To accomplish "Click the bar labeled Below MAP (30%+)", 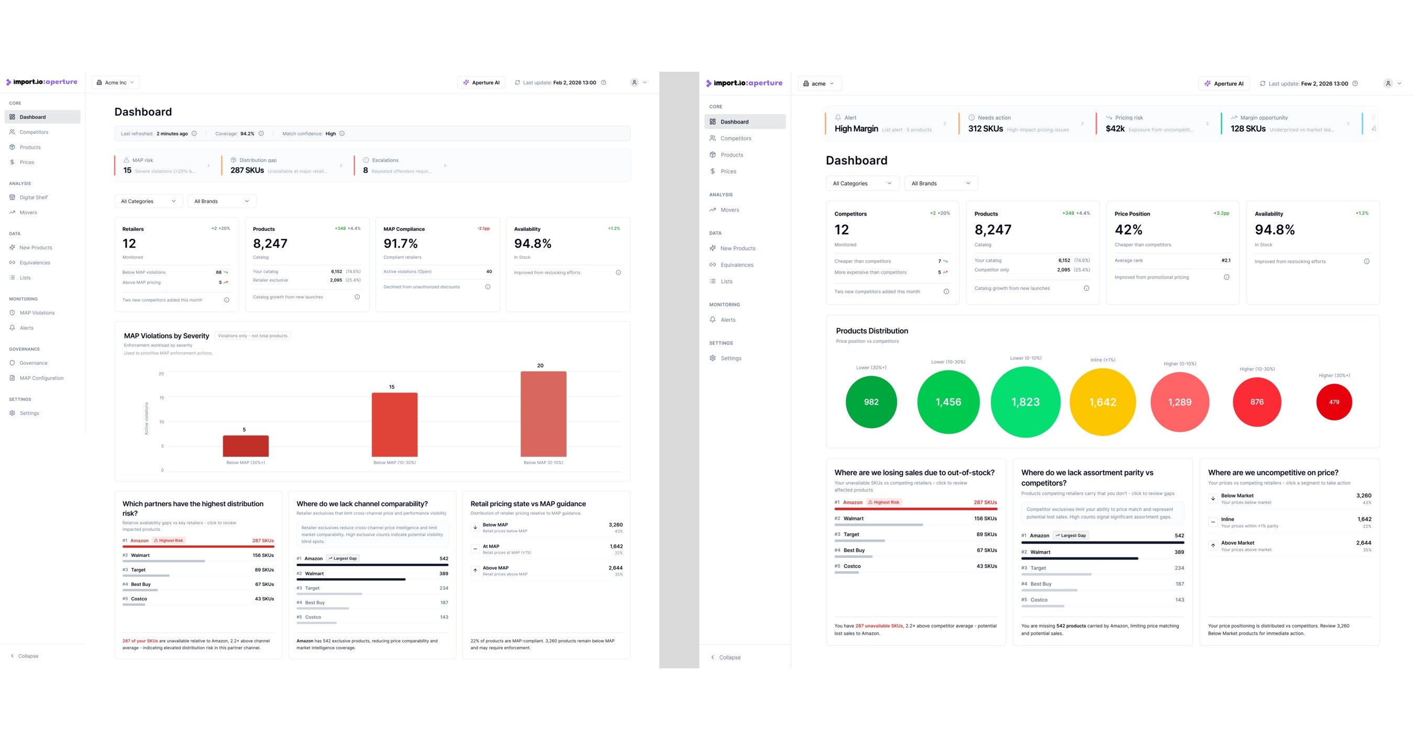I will tap(246, 445).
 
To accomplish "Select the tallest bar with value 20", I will tap(543, 413).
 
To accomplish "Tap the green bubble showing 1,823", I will tap(1025, 401).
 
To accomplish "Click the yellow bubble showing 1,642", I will tap(1102, 401).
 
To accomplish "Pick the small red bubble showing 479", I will tap(1333, 401).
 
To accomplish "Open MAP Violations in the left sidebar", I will tap(37, 312).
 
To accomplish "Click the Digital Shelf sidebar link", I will tap(34, 197).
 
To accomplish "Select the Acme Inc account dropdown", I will tap(115, 83).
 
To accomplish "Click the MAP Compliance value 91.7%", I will tap(400, 243).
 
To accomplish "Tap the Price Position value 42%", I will tap(1128, 229).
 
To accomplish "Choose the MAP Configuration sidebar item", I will tap(41, 378).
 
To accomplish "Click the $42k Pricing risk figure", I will tap(1115, 129).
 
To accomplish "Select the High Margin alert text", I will tap(856, 129).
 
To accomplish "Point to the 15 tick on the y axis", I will tap(161, 398).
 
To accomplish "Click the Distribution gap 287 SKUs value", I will tap(247, 171).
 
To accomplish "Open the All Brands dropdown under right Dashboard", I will tap(940, 183).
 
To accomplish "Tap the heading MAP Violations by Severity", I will tap(167, 335).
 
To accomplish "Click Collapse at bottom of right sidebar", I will tap(729, 657).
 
